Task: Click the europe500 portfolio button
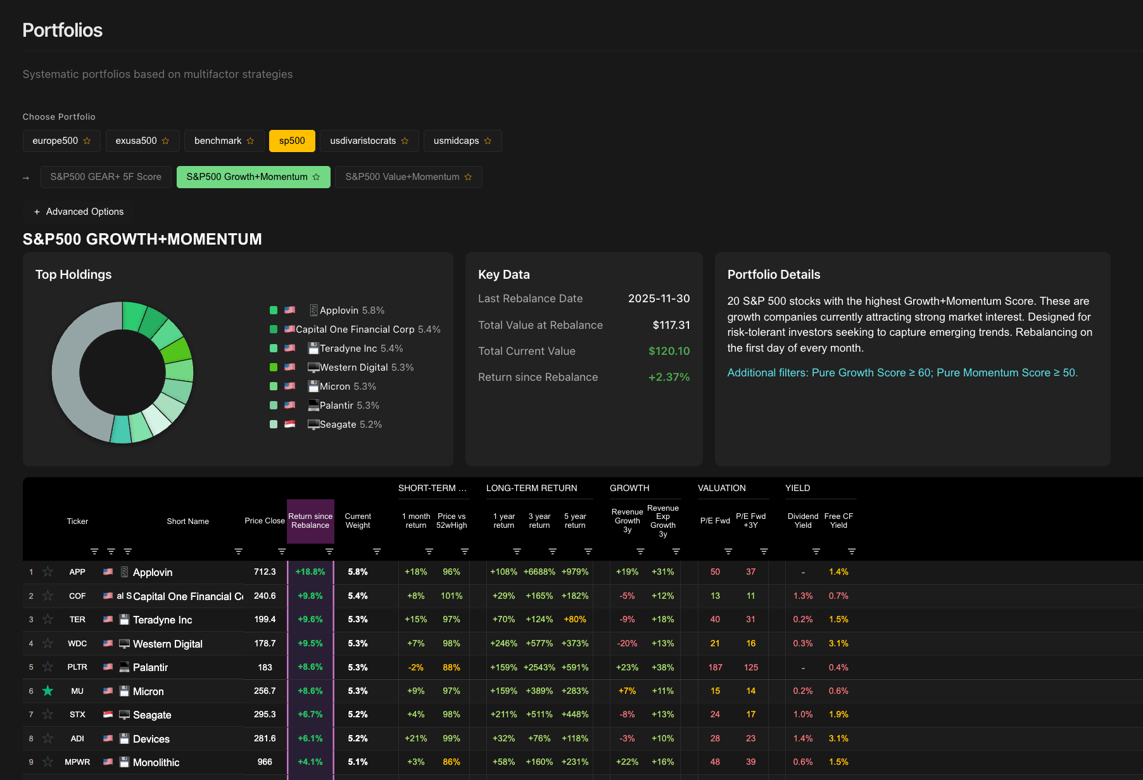pyautogui.click(x=61, y=141)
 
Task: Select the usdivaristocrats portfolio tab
pyautogui.click(x=369, y=141)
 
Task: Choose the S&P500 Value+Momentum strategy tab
pyautogui.click(x=408, y=177)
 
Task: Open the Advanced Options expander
pyautogui.click(x=79, y=212)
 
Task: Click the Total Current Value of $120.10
pyautogui.click(x=669, y=351)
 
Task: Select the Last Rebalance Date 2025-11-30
pyautogui.click(x=659, y=298)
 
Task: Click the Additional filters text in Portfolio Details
pyautogui.click(x=902, y=373)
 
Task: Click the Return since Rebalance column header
pyautogui.click(x=310, y=521)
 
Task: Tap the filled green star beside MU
pyautogui.click(x=47, y=691)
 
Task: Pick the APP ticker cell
pyautogui.click(x=77, y=572)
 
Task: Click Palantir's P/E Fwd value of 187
pyautogui.click(x=715, y=667)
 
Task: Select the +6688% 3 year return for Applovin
pyautogui.click(x=539, y=572)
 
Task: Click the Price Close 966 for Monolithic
pyautogui.click(x=265, y=762)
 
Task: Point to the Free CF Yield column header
pyautogui.click(x=838, y=521)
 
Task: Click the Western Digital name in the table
pyautogui.click(x=168, y=644)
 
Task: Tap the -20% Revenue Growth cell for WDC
pyautogui.click(x=627, y=643)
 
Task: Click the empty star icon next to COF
pyautogui.click(x=47, y=596)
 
